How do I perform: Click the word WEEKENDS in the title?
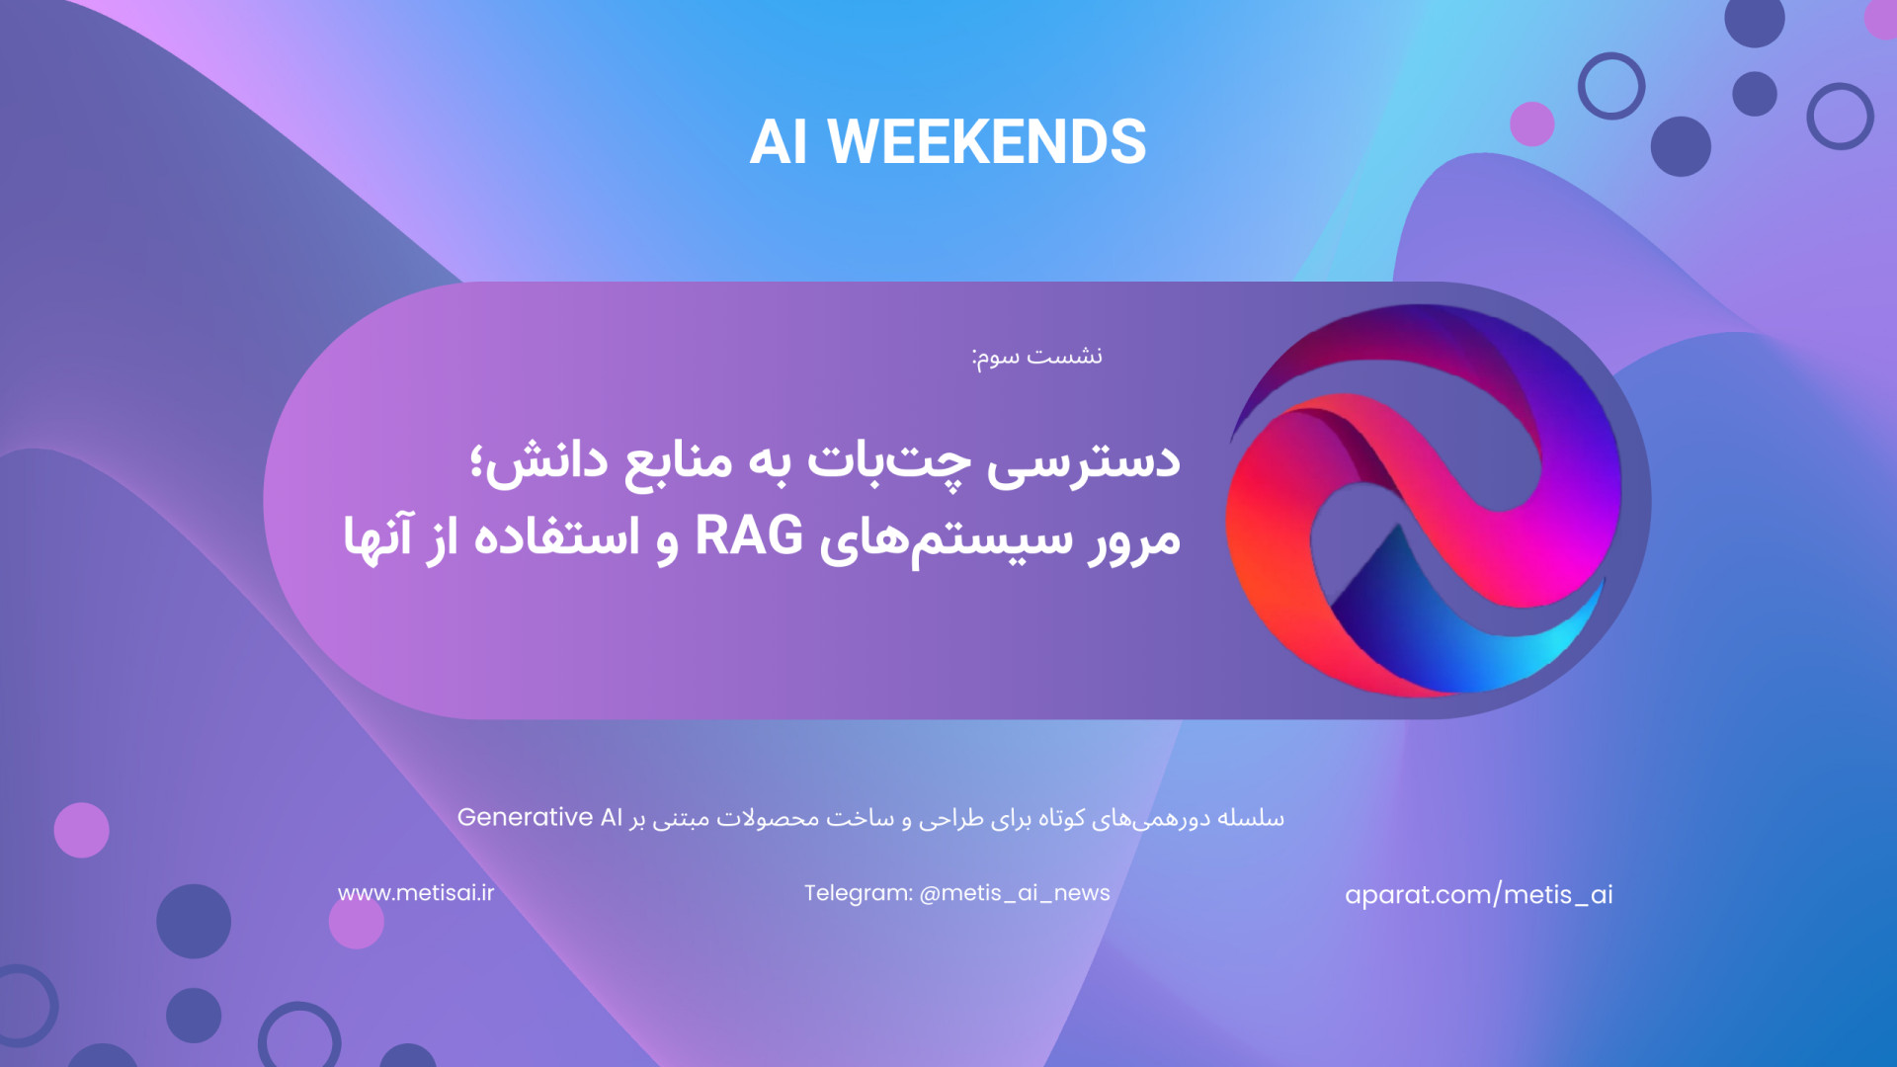(986, 142)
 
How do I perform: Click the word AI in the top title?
(779, 142)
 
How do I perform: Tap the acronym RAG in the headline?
(749, 536)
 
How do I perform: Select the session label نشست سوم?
(1036, 357)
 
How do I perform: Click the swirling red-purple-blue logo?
(1424, 500)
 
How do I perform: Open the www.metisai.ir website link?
(416, 893)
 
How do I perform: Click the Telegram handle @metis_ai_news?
(1015, 893)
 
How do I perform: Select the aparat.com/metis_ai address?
(1479, 894)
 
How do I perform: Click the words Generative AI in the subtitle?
(539, 817)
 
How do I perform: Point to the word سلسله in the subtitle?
(1251, 818)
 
